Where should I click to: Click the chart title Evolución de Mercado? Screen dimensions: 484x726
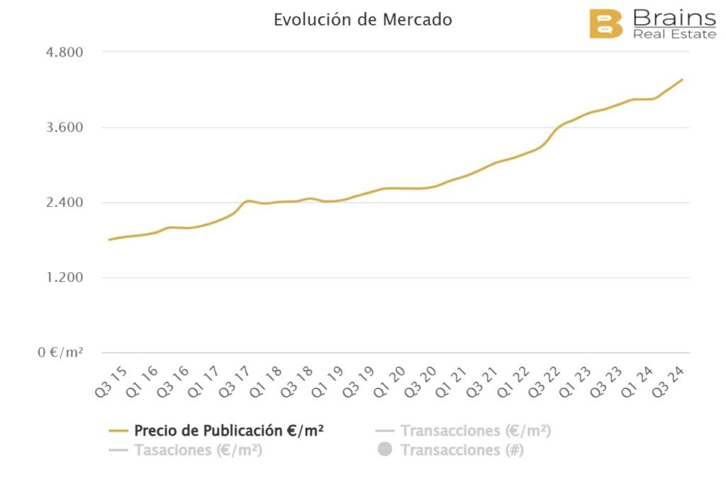(x=362, y=20)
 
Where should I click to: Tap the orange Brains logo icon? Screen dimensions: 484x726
(x=605, y=24)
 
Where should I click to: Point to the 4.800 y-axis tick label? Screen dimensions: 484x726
(x=64, y=52)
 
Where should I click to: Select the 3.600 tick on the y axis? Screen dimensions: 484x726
(x=64, y=128)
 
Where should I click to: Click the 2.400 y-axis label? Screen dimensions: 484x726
(x=64, y=203)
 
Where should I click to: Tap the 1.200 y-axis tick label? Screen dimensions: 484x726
(x=64, y=278)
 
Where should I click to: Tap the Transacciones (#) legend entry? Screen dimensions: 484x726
(x=462, y=450)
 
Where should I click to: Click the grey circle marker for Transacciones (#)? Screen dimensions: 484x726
(x=385, y=450)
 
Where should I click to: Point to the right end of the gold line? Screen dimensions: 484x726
(x=681, y=79)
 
